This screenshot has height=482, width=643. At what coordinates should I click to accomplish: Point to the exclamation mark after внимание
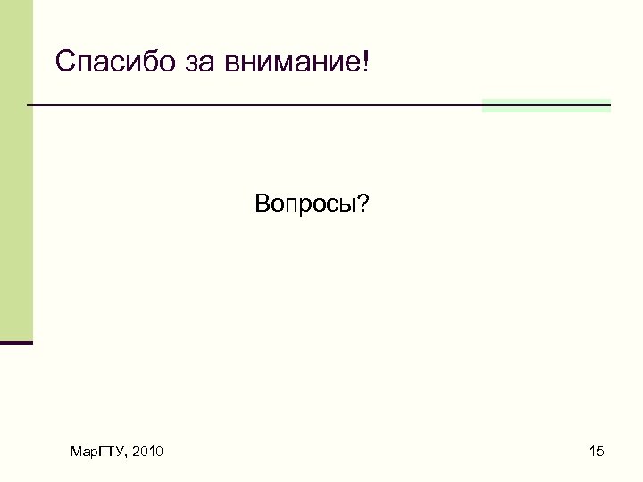pos(364,62)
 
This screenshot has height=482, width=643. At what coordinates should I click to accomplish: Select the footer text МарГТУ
pos(97,453)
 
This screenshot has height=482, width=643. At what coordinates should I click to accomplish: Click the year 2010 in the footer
pos(146,453)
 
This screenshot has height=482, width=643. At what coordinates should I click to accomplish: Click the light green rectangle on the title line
pos(546,105)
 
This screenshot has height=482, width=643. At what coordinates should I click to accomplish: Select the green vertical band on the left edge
pos(15,170)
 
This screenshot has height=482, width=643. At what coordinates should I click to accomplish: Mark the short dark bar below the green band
pos(16,342)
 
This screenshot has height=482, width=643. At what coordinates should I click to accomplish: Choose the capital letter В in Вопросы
pos(261,205)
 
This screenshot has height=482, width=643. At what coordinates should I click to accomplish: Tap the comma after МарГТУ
pos(127,457)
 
